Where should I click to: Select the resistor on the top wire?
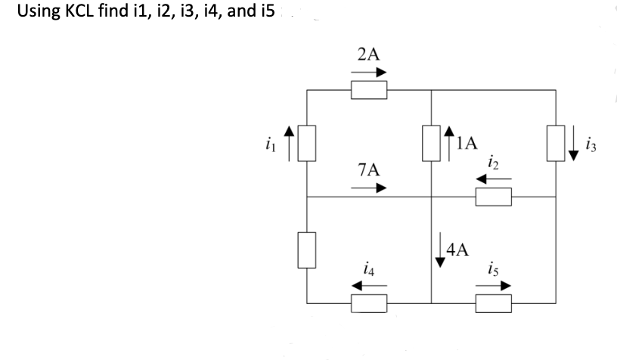tap(370, 91)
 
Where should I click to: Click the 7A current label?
tap(368, 170)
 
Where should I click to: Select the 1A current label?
tap(468, 141)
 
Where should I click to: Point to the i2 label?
tap(493, 163)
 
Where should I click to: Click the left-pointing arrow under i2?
tap(493, 180)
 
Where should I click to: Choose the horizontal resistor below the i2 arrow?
tap(494, 198)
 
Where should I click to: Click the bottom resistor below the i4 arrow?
tap(370, 304)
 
